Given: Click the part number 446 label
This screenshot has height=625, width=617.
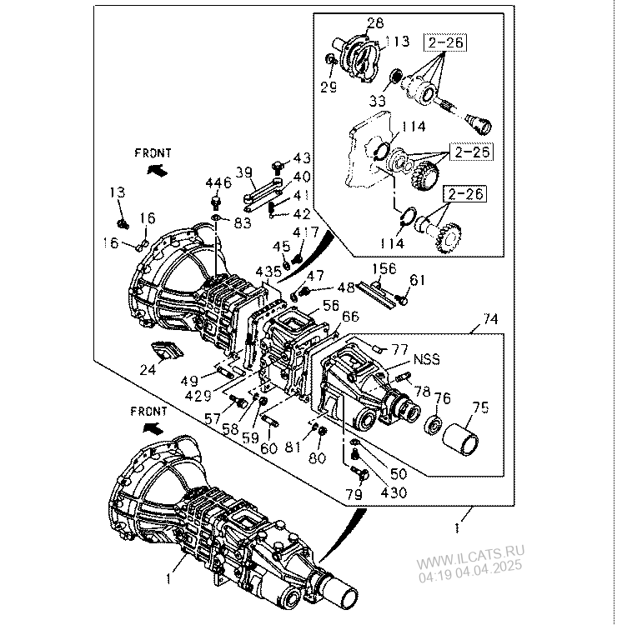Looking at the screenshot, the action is tap(218, 183).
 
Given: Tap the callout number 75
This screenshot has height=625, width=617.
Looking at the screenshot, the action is tap(480, 407).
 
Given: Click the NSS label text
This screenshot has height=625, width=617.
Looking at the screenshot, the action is tap(427, 359).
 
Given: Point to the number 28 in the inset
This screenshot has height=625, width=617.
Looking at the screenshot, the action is tap(375, 22).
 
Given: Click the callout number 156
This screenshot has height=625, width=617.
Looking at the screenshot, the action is tap(384, 268).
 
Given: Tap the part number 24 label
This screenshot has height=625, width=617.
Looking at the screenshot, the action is tap(148, 370).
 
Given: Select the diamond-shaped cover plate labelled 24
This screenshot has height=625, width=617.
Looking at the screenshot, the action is tap(168, 349).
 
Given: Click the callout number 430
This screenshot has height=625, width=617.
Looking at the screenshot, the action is tap(394, 493).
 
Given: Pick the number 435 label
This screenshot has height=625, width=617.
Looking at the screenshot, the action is tap(268, 272).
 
